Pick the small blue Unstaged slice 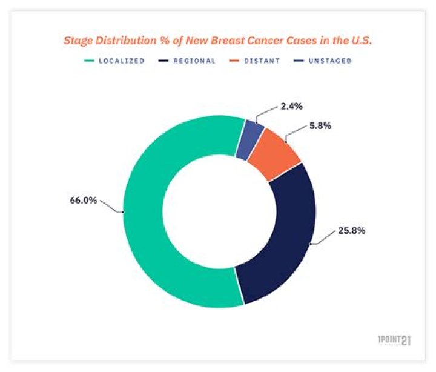point(253,139)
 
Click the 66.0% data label point(84,201)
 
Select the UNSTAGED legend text point(331,61)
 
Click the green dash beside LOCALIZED point(90,61)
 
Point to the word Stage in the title point(79,41)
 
